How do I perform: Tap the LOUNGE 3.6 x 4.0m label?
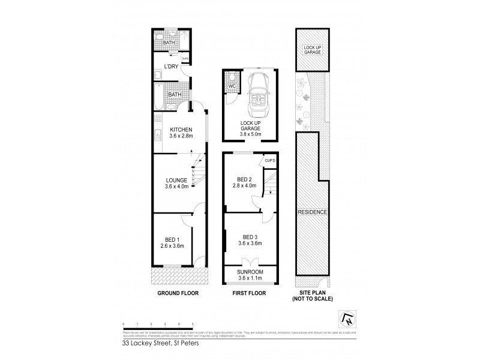point(178,183)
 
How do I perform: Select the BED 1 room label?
point(172,241)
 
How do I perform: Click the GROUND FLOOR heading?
point(178,293)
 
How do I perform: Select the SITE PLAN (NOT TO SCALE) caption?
point(312,296)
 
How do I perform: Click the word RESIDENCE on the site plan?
point(312,213)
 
